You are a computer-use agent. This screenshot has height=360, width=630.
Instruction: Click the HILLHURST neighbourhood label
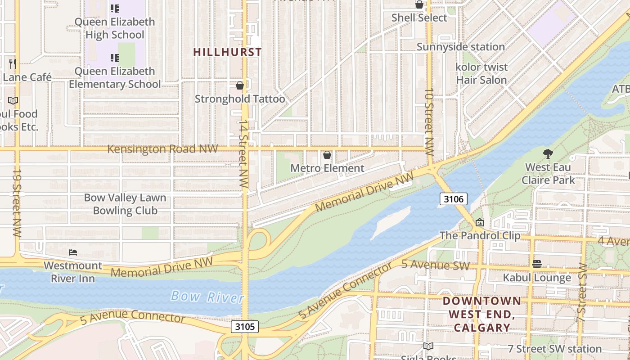pos(227,52)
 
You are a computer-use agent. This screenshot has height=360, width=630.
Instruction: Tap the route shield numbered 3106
pos(453,198)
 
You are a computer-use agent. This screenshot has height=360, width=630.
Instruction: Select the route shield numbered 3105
pos(245,326)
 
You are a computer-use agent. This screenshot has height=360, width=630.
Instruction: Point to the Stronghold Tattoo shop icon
pos(240,85)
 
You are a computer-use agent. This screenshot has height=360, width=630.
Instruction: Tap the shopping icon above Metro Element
pos(327,155)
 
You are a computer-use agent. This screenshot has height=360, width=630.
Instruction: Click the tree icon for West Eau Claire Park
pos(548,154)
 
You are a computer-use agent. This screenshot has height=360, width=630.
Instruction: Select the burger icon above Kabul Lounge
pos(536,264)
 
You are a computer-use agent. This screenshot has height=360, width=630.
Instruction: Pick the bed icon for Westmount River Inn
pos(73,252)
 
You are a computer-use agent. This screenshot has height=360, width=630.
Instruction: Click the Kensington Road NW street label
pos(162,148)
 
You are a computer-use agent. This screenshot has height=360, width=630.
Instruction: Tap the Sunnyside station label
pos(460,47)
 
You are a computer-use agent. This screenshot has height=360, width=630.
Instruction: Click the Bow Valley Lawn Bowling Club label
pos(125,204)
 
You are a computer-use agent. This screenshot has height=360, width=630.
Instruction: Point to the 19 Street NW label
pos(17,202)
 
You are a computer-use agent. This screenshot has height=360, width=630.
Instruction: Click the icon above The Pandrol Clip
pos(480,222)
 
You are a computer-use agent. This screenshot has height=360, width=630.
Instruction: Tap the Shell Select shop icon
pos(419,4)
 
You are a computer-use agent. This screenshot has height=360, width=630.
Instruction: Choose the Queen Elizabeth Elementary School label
pos(115,77)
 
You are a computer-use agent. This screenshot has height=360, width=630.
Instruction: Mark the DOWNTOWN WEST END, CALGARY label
pos(481,314)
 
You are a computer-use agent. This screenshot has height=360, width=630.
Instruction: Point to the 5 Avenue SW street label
pos(435,265)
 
